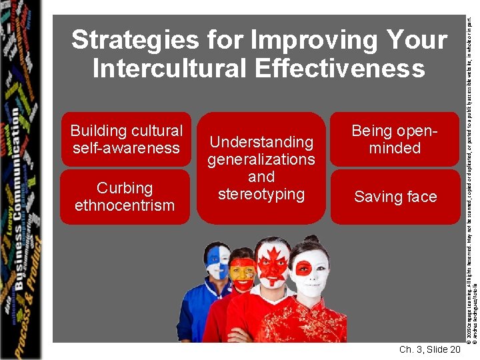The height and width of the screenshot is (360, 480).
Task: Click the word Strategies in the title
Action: point(125,41)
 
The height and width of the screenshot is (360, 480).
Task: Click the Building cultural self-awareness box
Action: point(126,139)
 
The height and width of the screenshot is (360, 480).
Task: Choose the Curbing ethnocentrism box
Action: point(125,197)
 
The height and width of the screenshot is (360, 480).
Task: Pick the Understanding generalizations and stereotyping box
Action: point(261,168)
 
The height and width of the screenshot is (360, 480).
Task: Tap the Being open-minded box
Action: point(395,139)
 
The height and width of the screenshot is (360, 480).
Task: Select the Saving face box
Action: point(395,197)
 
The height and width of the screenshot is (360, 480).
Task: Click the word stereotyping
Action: point(261,194)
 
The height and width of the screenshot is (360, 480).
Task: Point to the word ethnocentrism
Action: point(125,205)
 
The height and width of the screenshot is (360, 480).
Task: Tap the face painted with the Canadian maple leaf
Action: point(274,263)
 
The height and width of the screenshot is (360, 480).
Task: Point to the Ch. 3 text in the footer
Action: point(411,350)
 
